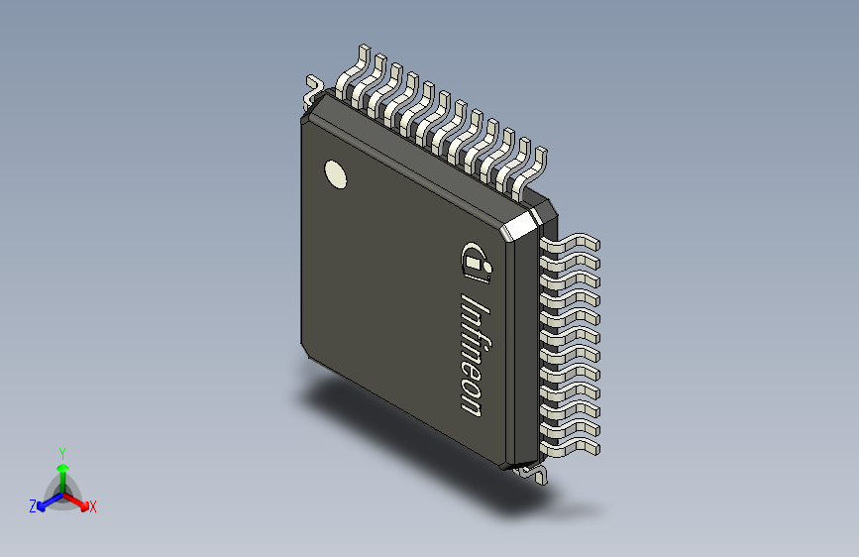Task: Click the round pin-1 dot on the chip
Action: (x=335, y=174)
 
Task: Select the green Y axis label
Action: (x=62, y=453)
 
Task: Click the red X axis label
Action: (x=92, y=506)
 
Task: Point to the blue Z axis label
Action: (x=33, y=506)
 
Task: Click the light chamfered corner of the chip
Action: (x=520, y=225)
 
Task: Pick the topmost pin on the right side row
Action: (x=570, y=244)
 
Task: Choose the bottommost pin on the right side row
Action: (x=570, y=449)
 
